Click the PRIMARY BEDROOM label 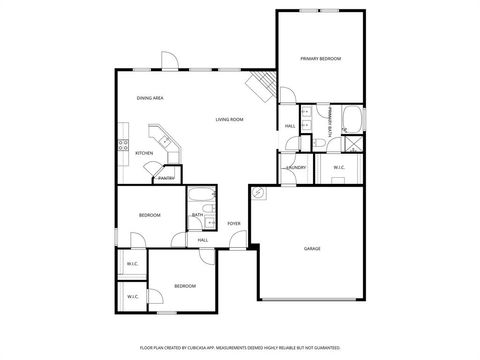click(x=321, y=59)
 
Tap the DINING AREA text click(x=150, y=98)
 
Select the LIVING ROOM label click(x=229, y=119)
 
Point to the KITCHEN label click(x=144, y=153)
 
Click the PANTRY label click(x=167, y=178)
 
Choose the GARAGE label click(x=312, y=247)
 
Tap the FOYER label click(x=233, y=223)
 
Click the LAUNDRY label click(x=296, y=167)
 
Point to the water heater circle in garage click(x=258, y=193)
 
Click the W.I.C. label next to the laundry click(x=339, y=167)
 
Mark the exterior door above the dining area click(x=171, y=62)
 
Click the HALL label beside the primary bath click(x=290, y=126)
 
